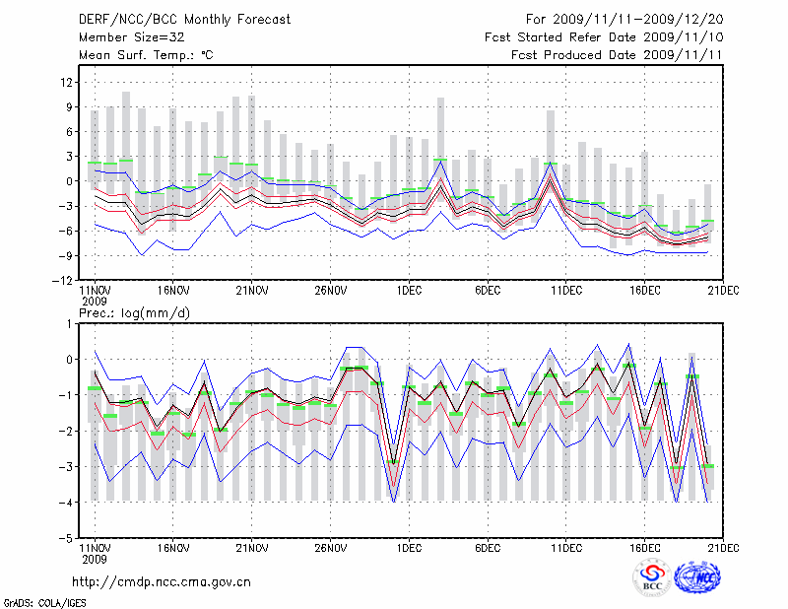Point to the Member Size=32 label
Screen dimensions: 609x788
tap(124, 37)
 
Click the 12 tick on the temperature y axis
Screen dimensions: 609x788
tap(67, 82)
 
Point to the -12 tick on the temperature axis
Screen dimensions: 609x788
tap(64, 281)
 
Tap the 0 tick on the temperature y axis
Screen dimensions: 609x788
tap(70, 181)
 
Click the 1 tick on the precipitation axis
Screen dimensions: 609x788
tap(70, 323)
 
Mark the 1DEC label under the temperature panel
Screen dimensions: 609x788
tap(409, 291)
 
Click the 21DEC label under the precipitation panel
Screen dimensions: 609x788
tap(724, 549)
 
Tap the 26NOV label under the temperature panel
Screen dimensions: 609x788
tap(331, 291)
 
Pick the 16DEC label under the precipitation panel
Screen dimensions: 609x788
tap(645, 549)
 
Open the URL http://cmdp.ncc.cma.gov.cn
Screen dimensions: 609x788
tap(163, 581)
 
